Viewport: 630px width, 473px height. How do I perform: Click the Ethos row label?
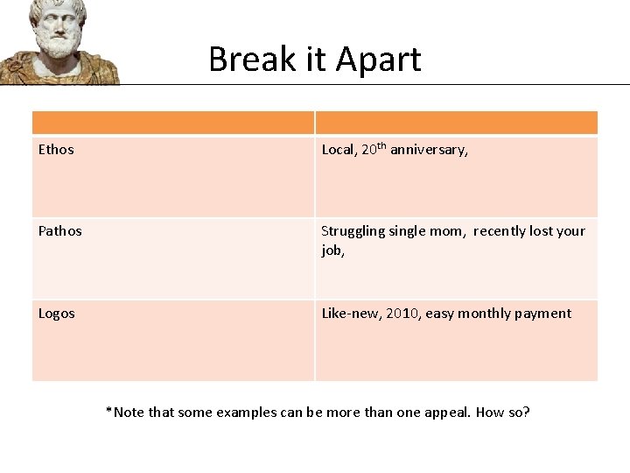(x=56, y=150)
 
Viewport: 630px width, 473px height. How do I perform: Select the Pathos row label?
(x=59, y=231)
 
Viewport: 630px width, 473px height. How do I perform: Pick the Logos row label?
(x=57, y=314)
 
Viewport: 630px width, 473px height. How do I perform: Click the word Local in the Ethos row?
(x=338, y=150)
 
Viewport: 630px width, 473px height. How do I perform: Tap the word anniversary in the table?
(x=429, y=150)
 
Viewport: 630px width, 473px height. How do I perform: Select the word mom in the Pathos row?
(x=453, y=231)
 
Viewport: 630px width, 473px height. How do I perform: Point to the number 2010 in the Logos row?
(x=402, y=314)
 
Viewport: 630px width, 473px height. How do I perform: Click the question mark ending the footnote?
(x=526, y=411)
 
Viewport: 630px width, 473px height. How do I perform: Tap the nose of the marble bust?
(x=59, y=25)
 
